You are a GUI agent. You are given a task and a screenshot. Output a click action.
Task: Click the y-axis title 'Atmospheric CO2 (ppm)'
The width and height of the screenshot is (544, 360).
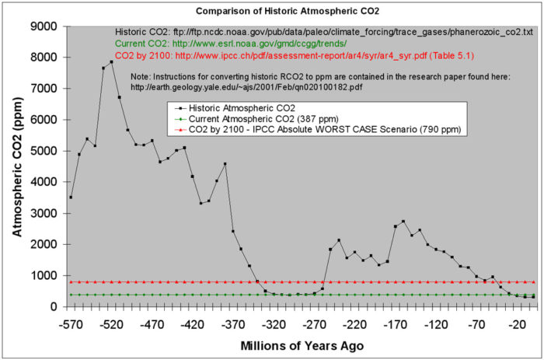(x=17, y=166)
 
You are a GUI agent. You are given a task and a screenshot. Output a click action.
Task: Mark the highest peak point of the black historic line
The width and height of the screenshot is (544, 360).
(x=111, y=61)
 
